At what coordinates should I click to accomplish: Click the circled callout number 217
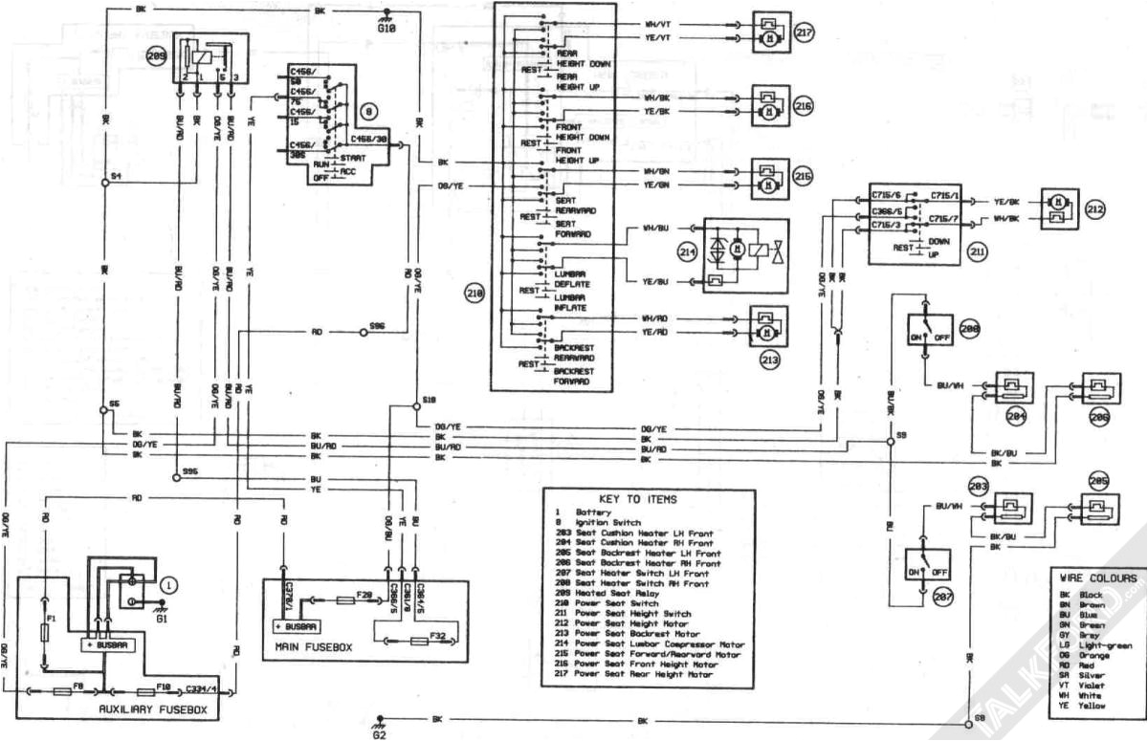tap(804, 33)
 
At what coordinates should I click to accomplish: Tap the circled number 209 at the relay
tap(156, 56)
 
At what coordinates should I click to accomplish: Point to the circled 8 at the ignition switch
tap(368, 111)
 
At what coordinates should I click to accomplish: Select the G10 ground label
tap(386, 31)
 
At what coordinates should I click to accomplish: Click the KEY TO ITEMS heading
tap(637, 499)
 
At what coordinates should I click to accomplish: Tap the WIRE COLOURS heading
tap(1098, 578)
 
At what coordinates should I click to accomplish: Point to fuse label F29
tap(364, 595)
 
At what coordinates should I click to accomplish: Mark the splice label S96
tap(377, 326)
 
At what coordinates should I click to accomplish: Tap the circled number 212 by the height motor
tap(1094, 207)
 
